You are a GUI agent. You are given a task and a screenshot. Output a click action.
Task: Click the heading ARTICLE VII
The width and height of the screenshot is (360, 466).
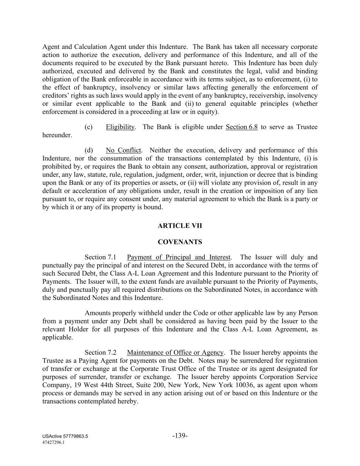click(180, 226)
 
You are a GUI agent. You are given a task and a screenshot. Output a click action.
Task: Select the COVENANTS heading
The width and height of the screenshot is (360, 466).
click(180, 242)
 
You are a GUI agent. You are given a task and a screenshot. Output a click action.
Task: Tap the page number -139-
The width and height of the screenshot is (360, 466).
click(180, 436)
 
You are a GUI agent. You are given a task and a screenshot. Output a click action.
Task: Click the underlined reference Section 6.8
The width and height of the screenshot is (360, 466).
click(242, 127)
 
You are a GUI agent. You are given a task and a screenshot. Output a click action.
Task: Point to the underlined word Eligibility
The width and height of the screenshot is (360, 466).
click(120, 127)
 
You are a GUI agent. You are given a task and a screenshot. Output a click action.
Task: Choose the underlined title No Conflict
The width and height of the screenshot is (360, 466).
click(123, 150)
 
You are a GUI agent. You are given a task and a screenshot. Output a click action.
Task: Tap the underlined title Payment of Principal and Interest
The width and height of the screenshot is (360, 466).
click(179, 257)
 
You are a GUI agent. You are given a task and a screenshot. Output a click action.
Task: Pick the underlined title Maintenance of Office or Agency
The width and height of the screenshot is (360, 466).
click(175, 352)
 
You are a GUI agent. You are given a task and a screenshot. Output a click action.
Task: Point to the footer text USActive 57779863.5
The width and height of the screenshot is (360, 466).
click(65, 436)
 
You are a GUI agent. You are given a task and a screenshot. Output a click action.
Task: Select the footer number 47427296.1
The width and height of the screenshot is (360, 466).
click(54, 442)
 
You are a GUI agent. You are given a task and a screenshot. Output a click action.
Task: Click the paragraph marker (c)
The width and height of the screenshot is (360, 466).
click(88, 127)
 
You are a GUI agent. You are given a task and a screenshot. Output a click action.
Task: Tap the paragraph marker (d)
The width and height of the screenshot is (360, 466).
click(89, 150)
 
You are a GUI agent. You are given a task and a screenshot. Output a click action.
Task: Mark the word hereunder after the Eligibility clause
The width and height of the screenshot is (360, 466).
click(57, 135)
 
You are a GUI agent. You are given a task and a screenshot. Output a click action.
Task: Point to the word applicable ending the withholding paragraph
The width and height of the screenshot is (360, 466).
click(57, 338)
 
